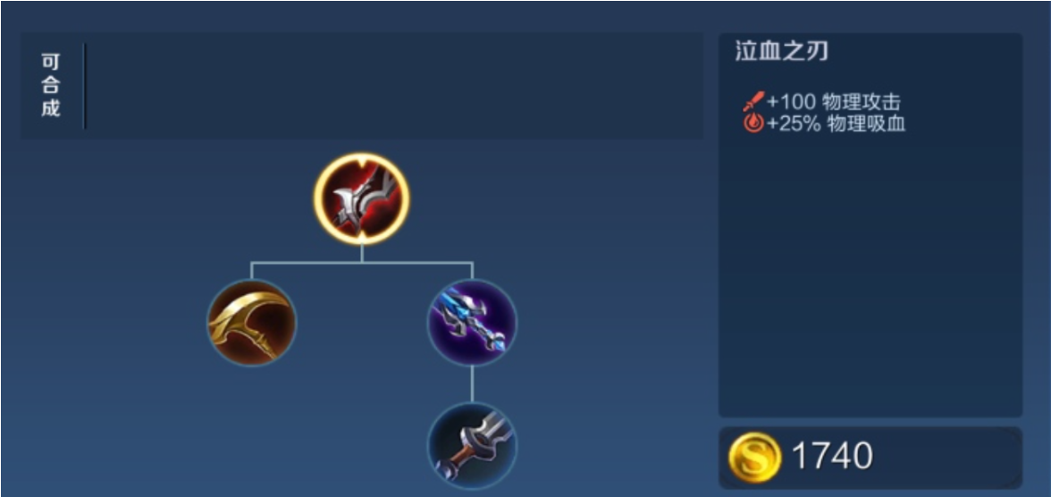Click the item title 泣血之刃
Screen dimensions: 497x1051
tap(781, 52)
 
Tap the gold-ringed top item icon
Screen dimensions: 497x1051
tap(361, 198)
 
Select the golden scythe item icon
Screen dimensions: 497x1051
tap(251, 323)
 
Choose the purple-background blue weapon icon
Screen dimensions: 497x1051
tap(472, 323)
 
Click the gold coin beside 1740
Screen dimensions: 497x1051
tap(754, 457)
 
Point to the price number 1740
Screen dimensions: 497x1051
tap(832, 457)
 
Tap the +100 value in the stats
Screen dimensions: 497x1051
tap(791, 102)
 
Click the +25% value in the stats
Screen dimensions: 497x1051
tap(793, 124)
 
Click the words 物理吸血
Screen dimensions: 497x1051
tap(866, 124)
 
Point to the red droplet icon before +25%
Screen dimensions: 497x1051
tap(753, 124)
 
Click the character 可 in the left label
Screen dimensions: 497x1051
tap(51, 63)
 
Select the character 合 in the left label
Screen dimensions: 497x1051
tap(51, 86)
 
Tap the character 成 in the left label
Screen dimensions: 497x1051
tap(51, 109)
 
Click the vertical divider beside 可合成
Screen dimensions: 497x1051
tap(85, 86)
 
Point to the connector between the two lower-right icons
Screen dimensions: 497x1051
tap(472, 384)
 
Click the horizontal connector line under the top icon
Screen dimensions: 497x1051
tap(361, 263)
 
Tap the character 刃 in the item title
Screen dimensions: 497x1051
tap(816, 52)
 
